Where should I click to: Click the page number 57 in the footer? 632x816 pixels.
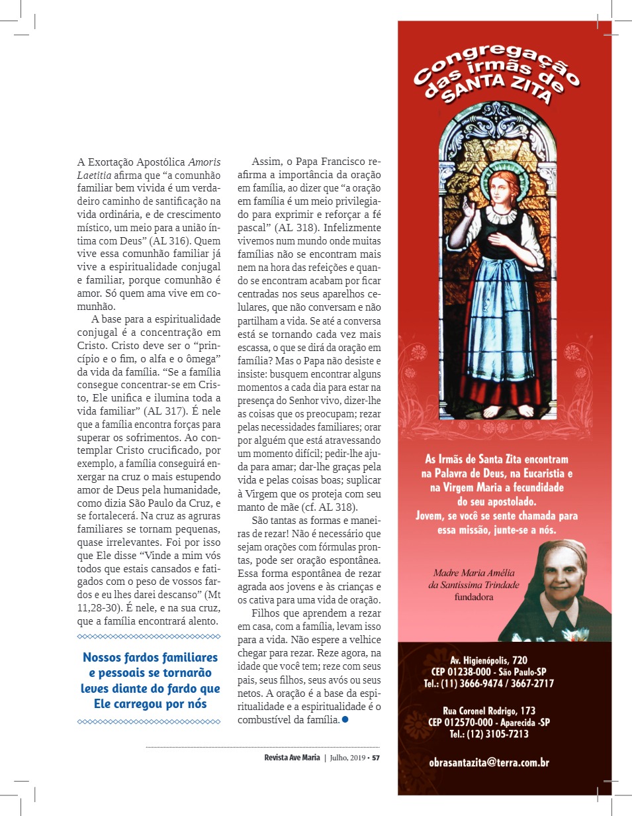(376, 758)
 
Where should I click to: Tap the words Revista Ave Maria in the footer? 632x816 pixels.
(292, 758)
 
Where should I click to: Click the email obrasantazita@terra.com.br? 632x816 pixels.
(489, 762)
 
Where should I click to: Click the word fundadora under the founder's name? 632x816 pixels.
(473, 596)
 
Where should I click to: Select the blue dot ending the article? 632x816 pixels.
(345, 719)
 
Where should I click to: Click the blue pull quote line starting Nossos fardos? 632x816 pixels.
(150, 658)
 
